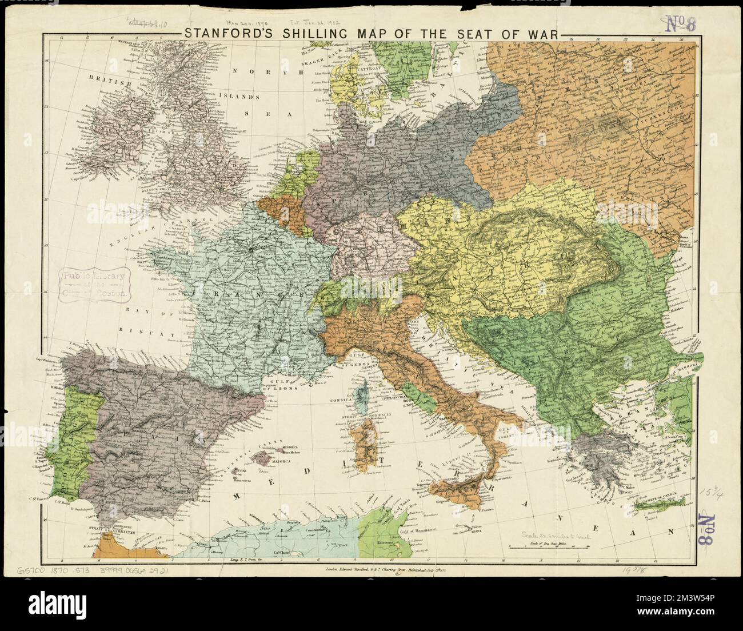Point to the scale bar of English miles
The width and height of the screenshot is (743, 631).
(x=547, y=548)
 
